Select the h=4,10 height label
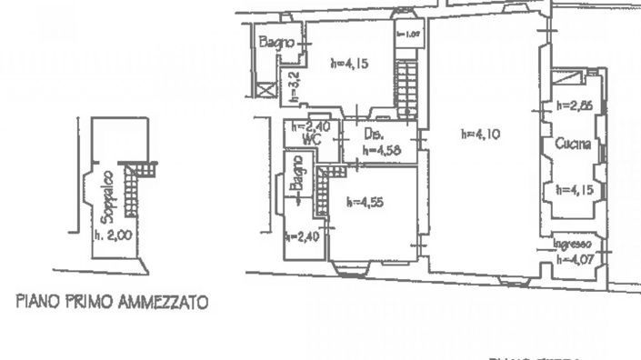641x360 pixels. click(x=481, y=134)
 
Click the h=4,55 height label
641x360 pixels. click(x=366, y=203)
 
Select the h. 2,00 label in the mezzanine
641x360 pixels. click(x=114, y=234)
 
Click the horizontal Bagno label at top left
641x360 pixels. click(x=274, y=41)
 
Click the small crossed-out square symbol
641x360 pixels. click(x=265, y=90)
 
